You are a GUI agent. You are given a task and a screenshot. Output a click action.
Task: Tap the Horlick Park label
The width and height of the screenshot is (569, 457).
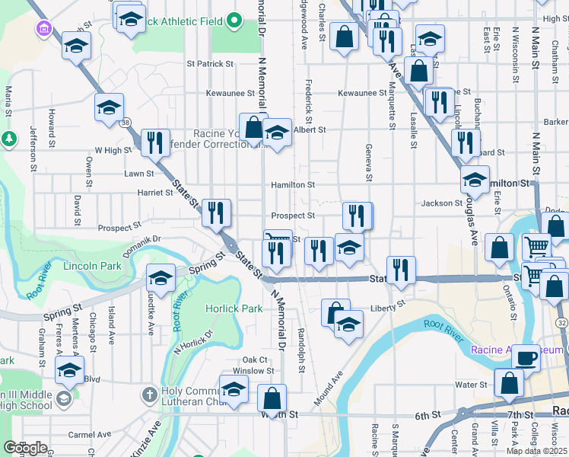click(x=234, y=308)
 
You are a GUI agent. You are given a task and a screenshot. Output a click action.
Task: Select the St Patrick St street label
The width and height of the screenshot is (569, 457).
click(x=209, y=64)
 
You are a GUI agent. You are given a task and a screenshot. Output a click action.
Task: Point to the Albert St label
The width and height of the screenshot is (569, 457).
click(x=309, y=130)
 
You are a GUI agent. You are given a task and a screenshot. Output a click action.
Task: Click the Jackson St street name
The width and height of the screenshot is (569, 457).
click(x=442, y=203)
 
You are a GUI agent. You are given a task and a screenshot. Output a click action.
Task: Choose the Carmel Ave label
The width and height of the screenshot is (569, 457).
click(x=84, y=436)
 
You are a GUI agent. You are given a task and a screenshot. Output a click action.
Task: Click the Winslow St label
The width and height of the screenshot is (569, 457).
click(x=253, y=371)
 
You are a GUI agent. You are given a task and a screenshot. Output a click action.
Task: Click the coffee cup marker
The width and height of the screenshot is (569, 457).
click(x=525, y=358)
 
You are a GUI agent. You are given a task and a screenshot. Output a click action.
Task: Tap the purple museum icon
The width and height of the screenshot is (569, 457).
click(x=44, y=29)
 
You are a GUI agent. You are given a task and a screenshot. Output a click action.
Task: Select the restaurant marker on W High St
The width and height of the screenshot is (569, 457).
click(x=154, y=142)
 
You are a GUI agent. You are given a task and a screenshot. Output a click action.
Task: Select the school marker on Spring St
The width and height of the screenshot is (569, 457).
click(x=161, y=277)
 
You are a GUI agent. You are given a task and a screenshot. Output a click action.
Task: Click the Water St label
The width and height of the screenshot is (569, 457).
click(x=471, y=385)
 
